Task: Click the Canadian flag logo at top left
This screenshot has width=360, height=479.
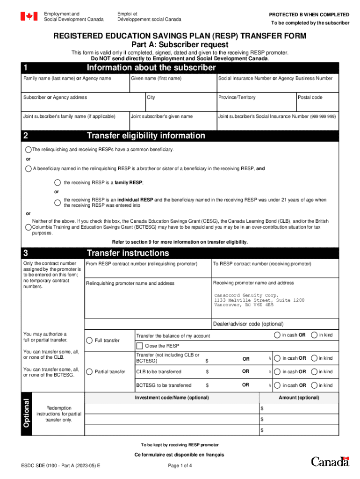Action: click(29, 16)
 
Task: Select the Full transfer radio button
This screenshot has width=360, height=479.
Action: click(89, 340)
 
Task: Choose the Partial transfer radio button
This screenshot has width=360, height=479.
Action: click(89, 372)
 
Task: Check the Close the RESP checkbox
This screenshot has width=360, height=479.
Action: click(139, 346)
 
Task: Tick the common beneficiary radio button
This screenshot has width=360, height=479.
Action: click(29, 150)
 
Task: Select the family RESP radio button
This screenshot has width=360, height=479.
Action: click(58, 182)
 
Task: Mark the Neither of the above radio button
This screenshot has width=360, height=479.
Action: click(29, 227)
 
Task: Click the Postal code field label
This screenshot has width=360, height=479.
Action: click(310, 97)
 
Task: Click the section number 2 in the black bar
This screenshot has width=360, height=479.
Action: click(26, 136)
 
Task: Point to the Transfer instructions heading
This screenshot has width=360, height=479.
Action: click(128, 253)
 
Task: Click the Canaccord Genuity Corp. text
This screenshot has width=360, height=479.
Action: click(246, 296)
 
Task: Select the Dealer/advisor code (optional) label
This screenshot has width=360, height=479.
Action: click(248, 324)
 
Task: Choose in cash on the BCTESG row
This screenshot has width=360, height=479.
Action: click(277, 385)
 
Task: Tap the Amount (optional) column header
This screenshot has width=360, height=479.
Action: click(299, 398)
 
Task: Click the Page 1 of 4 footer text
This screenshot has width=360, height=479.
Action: click(180, 465)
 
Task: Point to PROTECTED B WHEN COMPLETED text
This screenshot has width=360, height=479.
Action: click(309, 15)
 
